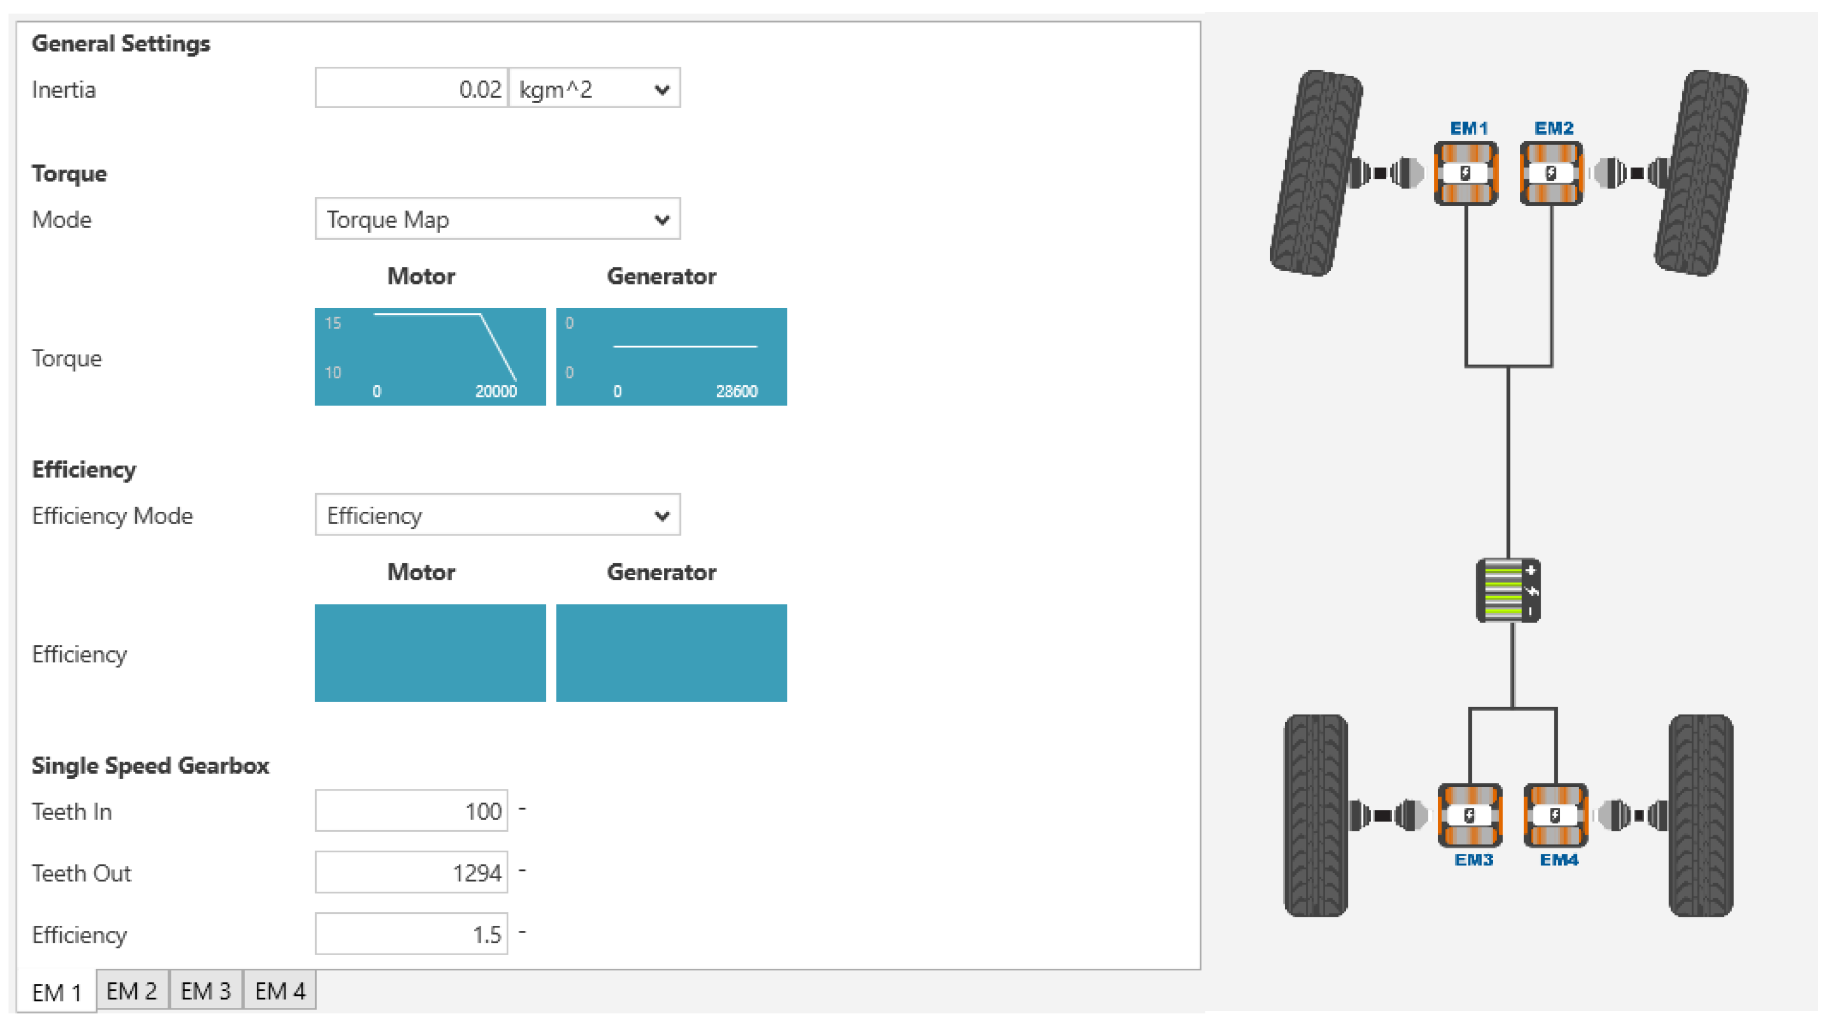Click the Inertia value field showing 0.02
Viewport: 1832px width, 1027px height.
tap(411, 89)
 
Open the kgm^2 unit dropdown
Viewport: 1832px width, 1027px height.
tap(594, 89)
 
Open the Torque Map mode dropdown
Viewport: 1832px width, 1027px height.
tap(498, 219)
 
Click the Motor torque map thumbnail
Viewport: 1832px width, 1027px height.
tap(430, 357)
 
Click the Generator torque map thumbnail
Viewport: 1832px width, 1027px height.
tap(671, 357)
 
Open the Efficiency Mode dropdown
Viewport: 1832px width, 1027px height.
tap(498, 515)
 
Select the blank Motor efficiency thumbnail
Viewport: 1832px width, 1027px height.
tap(430, 653)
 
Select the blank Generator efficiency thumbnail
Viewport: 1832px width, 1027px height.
tap(671, 653)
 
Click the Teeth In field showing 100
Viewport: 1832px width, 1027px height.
tap(411, 811)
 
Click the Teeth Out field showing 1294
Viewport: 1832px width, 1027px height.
tap(411, 872)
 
